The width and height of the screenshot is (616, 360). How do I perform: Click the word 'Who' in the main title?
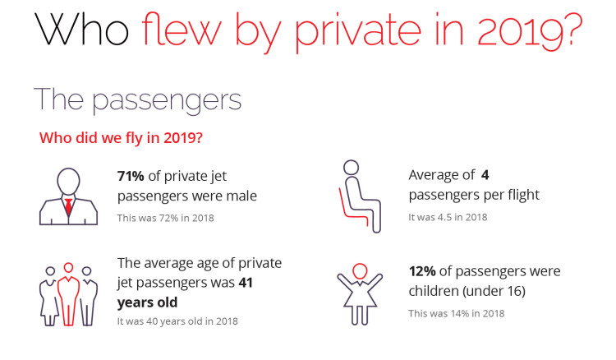82,30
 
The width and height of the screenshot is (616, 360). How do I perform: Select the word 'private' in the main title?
318,32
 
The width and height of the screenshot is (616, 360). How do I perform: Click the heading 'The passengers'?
137,99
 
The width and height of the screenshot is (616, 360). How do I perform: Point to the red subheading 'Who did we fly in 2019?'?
122,137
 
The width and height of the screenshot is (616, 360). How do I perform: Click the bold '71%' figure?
132,175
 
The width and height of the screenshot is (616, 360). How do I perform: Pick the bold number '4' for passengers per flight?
485,175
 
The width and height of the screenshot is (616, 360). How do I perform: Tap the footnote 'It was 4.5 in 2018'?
448,218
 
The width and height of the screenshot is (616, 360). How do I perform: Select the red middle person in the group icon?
69,291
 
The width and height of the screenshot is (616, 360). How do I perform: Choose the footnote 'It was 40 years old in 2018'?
178,321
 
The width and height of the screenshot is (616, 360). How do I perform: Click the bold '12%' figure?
423,271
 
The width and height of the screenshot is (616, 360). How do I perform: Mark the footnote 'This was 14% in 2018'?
457,313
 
